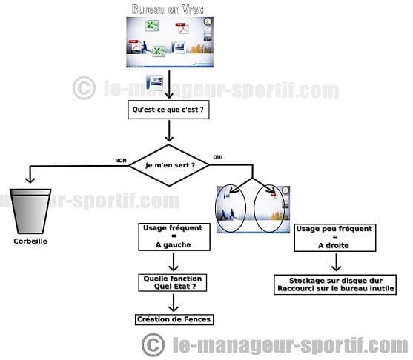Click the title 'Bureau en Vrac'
(168, 10)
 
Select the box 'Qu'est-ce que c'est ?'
(168, 110)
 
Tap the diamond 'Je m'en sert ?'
(169, 165)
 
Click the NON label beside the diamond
(121, 161)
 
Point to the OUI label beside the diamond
(218, 157)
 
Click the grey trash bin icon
(30, 211)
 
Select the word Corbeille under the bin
(30, 241)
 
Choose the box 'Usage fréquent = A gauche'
(174, 237)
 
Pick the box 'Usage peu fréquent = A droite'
(334, 238)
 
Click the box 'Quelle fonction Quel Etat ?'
(173, 283)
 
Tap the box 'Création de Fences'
(174, 319)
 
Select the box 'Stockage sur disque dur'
(335, 284)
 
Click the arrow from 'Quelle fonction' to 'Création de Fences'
(174, 303)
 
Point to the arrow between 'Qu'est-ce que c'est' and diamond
(169, 131)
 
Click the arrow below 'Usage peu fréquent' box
(336, 262)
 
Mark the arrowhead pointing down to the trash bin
(30, 180)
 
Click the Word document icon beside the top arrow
(155, 83)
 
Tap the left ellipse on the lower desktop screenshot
(231, 208)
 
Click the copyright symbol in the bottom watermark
(153, 344)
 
